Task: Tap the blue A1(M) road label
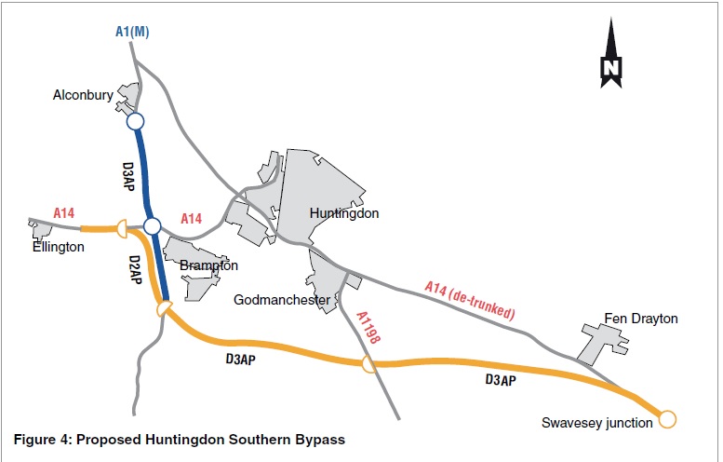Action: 133,33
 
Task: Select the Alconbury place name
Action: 84,94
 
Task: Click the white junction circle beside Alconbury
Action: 136,121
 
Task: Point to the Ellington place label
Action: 56,247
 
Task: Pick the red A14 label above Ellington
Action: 64,213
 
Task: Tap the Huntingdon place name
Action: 344,213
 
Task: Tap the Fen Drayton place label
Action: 641,319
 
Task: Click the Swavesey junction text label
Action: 597,423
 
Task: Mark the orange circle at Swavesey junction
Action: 666,419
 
